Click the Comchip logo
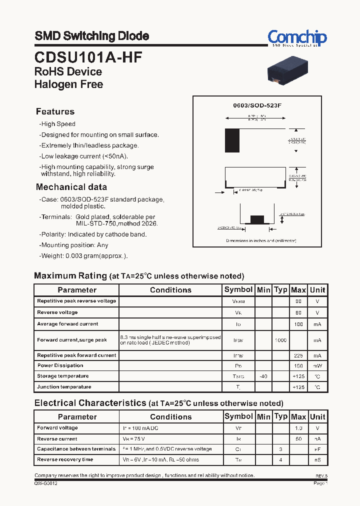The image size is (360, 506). [x=297, y=38]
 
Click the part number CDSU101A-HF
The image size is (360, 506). [x=88, y=57]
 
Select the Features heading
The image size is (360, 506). [x=55, y=111]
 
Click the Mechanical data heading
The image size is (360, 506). [x=71, y=187]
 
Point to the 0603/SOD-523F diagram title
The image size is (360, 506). [x=257, y=106]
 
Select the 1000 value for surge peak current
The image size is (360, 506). [x=280, y=340]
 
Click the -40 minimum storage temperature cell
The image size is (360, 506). [x=263, y=376]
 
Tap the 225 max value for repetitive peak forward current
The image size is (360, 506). [x=298, y=355]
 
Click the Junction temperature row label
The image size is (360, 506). [x=64, y=387]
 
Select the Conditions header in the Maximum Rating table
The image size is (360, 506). [x=170, y=290]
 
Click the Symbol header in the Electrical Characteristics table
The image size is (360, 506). [x=238, y=416]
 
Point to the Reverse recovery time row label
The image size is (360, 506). [x=65, y=459]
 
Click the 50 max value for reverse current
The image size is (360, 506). [x=298, y=438]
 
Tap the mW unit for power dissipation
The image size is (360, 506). [x=317, y=365]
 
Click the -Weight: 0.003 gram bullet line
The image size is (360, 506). [x=83, y=256]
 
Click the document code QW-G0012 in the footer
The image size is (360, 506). [x=46, y=483]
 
